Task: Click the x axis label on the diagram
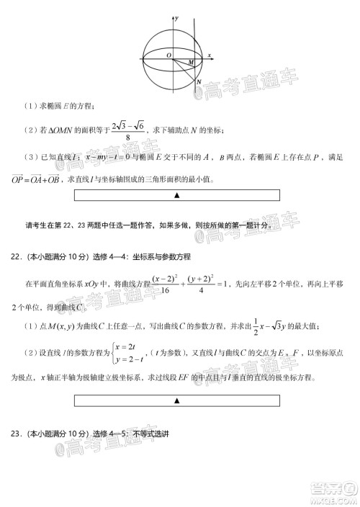click(x=209, y=55)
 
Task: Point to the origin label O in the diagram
click(x=168, y=55)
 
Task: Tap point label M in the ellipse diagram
click(x=191, y=63)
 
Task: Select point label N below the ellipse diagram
click(x=198, y=82)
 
